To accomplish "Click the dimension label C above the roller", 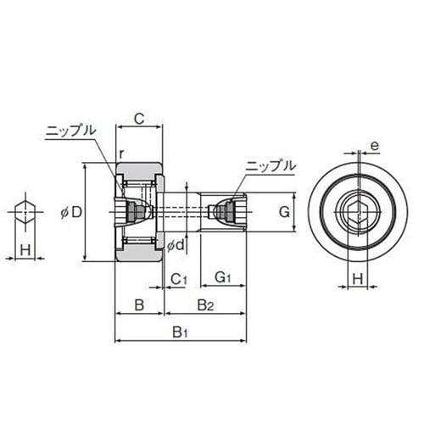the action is (139, 119).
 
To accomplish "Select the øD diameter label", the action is (71, 212).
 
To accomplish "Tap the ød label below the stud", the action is (176, 245).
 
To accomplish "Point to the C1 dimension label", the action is (179, 280).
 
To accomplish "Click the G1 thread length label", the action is (223, 277).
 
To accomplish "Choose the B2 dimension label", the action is (205, 305).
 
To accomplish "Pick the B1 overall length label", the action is (180, 332).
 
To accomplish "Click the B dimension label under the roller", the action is (139, 305).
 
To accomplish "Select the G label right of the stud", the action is (284, 212).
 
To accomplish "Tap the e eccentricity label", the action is (374, 146).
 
